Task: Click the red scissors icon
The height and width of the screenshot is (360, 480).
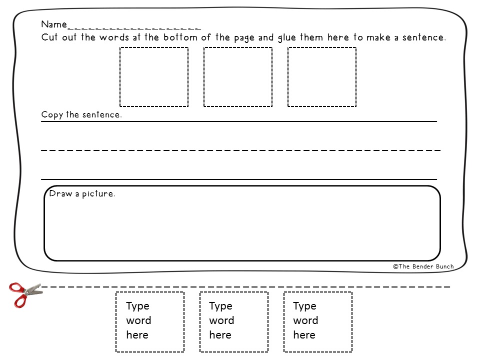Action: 24,293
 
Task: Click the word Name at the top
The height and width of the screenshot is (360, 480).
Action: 53,24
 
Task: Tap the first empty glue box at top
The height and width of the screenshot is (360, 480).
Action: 154,77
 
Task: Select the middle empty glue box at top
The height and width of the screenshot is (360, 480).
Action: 238,77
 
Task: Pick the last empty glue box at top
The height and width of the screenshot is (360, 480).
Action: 322,77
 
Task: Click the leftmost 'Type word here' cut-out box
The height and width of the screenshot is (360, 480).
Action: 150,322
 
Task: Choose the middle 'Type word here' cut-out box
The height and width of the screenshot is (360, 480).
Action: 234,322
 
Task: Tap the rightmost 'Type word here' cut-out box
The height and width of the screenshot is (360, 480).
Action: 318,322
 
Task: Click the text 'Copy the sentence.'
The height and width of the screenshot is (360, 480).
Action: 81,115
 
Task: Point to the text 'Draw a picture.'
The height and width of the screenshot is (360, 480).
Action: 82,194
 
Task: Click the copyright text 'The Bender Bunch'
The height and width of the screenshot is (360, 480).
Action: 426,266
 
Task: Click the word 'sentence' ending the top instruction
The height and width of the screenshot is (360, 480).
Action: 424,37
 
